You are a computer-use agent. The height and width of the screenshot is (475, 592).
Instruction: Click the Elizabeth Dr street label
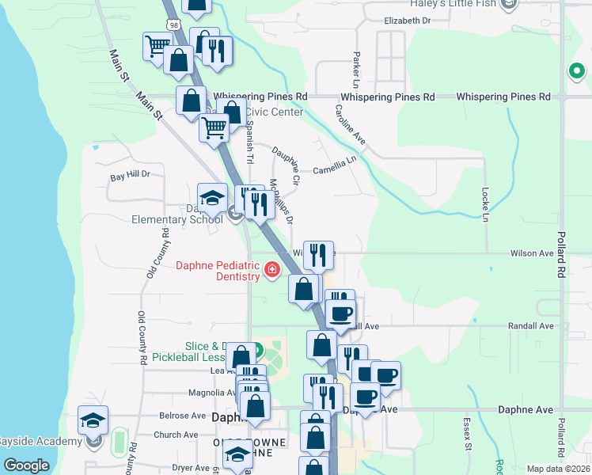[407, 21]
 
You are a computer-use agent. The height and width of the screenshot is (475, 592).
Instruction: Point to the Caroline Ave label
[349, 125]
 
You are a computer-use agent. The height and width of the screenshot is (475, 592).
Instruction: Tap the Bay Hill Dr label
[130, 174]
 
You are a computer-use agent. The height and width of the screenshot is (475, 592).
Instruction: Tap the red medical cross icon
[272, 271]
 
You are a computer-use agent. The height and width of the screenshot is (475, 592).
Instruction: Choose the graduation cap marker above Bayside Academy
[93, 420]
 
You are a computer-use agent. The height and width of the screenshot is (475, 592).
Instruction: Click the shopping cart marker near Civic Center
[214, 127]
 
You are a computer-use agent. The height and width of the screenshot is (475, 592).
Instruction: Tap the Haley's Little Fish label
[452, 4]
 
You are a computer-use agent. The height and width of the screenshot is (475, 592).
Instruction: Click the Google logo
[26, 465]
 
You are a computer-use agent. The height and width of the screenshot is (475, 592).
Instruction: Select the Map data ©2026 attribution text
[557, 469]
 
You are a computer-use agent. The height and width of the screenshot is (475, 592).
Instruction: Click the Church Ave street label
[176, 435]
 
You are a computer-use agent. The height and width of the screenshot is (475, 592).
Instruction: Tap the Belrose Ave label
[183, 416]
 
